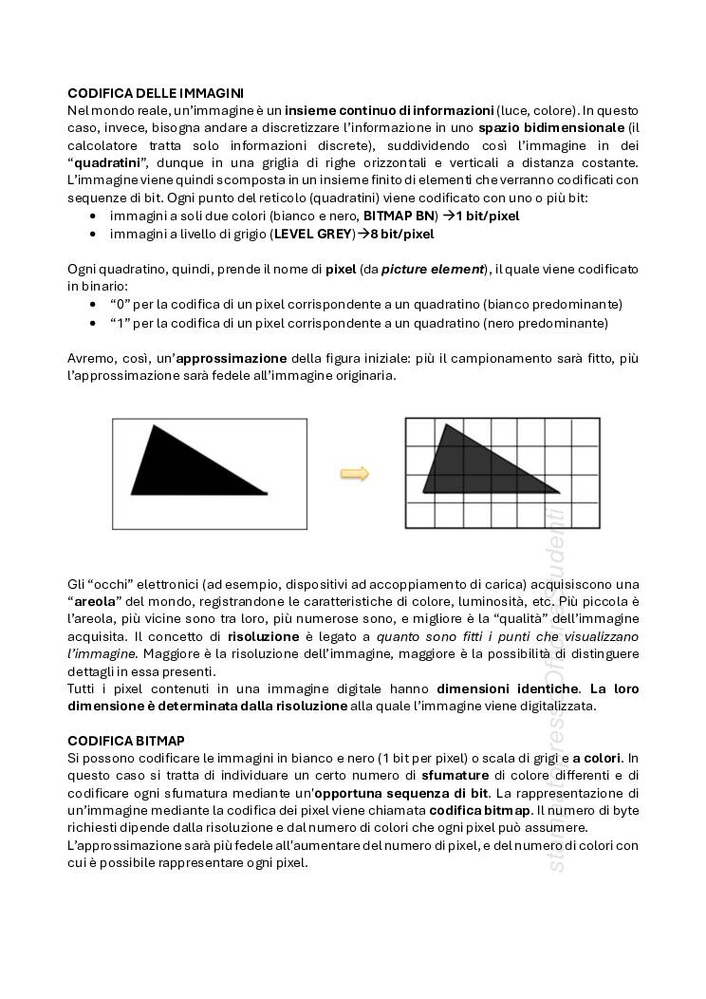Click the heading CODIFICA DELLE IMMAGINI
(x=156, y=93)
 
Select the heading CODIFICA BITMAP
(x=126, y=740)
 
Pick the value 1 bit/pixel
(x=487, y=216)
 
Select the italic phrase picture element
(x=433, y=269)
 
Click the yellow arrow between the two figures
(x=355, y=474)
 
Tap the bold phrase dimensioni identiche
(x=507, y=688)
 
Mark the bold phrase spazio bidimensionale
(x=551, y=127)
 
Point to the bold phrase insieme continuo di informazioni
(x=389, y=110)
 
